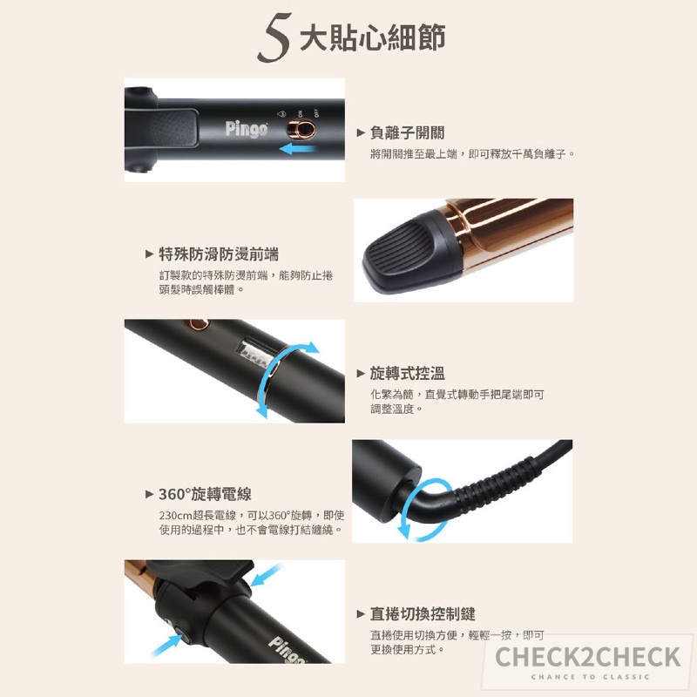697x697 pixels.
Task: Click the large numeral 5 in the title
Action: [x=274, y=37]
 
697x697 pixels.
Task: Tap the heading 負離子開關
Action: [x=407, y=132]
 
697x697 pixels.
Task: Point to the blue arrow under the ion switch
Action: [x=298, y=149]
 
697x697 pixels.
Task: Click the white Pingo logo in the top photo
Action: [x=247, y=129]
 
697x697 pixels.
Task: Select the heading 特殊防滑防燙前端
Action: [x=219, y=254]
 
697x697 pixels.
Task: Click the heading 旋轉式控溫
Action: [x=407, y=374]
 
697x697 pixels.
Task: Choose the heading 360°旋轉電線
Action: [x=205, y=494]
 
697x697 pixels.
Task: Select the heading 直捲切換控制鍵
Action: [x=423, y=614]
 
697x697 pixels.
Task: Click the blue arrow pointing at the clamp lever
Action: [x=266, y=575]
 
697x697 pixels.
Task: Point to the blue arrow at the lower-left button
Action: [x=166, y=646]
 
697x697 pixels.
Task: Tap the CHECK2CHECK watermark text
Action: [x=587, y=657]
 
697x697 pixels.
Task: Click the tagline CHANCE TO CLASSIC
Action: [x=590, y=677]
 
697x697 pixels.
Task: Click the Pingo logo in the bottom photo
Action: [x=288, y=650]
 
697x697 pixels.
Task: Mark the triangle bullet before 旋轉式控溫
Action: [x=361, y=374]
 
